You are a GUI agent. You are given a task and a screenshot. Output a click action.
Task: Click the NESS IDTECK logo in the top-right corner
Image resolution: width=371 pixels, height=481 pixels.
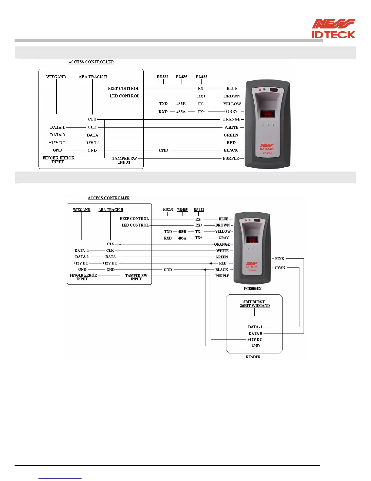333,29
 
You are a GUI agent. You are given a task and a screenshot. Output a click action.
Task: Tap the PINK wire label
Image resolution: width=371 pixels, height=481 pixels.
279,258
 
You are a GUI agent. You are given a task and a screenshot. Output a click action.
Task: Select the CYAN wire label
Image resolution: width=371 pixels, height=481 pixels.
280,268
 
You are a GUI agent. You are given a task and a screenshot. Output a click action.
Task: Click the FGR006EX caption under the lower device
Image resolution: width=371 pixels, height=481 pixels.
252,288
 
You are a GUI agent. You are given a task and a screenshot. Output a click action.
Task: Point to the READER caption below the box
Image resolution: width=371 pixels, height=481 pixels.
253,357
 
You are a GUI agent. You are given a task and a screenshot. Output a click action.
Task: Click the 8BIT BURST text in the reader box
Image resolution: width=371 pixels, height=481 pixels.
254,302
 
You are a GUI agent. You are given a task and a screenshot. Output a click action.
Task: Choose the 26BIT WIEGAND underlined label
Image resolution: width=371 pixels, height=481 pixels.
255,306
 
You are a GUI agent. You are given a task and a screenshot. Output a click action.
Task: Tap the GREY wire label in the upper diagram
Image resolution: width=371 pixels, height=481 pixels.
232,111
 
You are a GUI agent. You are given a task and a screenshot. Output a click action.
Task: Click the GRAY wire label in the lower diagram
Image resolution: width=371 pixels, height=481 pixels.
224,238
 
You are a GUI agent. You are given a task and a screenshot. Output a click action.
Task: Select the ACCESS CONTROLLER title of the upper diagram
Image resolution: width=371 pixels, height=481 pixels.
91,62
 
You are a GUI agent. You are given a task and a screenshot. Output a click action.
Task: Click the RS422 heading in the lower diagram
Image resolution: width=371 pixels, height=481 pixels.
199,210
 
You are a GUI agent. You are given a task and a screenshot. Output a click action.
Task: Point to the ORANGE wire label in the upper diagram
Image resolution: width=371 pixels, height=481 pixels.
231,119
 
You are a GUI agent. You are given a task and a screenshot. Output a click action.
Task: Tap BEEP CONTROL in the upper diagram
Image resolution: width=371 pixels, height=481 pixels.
123,88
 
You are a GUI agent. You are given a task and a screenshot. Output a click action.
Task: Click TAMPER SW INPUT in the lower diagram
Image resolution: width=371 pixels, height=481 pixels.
136,277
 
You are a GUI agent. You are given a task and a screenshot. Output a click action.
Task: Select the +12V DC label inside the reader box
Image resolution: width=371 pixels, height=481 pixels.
255,339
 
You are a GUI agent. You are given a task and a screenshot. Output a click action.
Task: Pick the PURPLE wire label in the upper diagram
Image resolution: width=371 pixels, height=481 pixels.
231,158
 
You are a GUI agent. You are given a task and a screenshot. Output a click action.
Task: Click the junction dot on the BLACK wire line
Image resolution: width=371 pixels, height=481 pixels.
205,270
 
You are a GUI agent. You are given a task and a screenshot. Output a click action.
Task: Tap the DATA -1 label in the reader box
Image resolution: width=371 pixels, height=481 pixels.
255,327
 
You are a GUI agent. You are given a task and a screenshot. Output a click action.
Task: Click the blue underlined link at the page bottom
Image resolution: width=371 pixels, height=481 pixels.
60,478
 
